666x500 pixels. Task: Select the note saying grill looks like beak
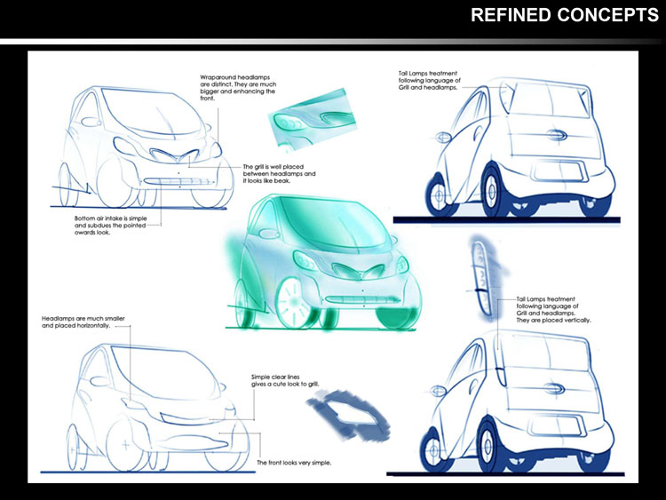[280, 172]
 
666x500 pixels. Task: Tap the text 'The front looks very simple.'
[294, 463]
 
